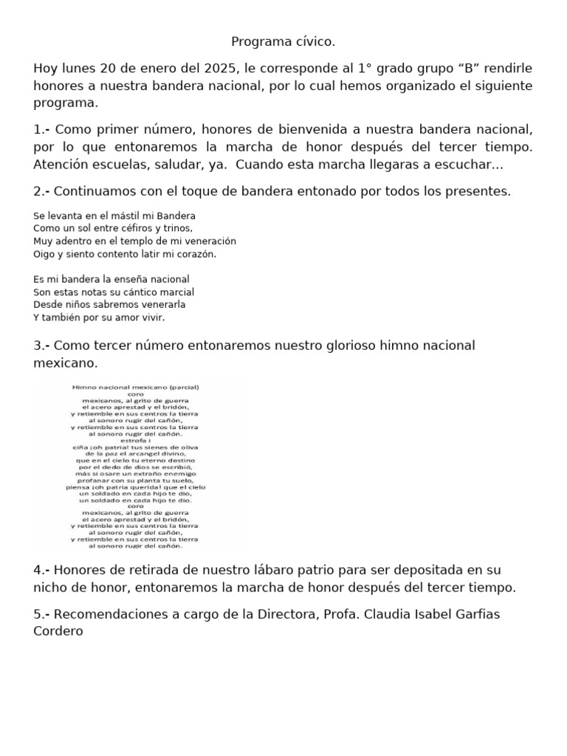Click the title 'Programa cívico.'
click(283, 42)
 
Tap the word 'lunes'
click(76, 69)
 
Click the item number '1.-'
click(42, 130)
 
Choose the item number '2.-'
click(42, 191)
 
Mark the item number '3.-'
click(42, 346)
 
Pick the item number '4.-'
click(42, 570)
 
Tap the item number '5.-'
click(42, 616)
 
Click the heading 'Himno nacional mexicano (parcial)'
click(137, 387)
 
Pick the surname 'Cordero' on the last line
click(58, 631)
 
